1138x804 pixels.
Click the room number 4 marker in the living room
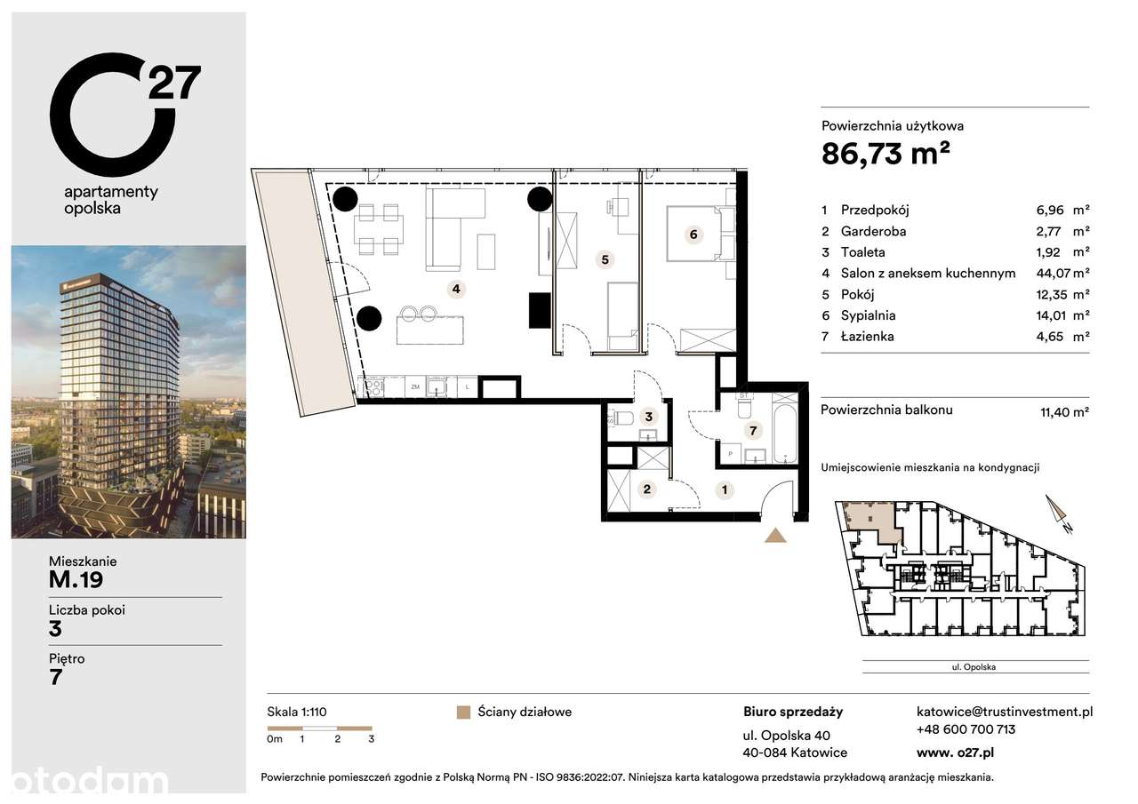click(455, 289)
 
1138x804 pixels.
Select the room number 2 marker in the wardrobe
click(647, 489)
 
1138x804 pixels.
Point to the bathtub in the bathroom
click(785, 428)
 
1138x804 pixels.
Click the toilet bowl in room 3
click(621, 418)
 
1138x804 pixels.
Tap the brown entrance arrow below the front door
click(776, 535)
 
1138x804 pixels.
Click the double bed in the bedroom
click(700, 235)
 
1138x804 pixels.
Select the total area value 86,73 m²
click(886, 154)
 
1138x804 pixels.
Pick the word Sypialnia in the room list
click(870, 315)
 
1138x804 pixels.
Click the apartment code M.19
click(76, 580)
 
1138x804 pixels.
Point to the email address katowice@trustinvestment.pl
click(1004, 712)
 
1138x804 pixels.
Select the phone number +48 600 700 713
click(966, 729)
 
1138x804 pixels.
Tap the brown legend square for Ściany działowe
click(461, 712)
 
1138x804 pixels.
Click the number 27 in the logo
click(174, 84)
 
